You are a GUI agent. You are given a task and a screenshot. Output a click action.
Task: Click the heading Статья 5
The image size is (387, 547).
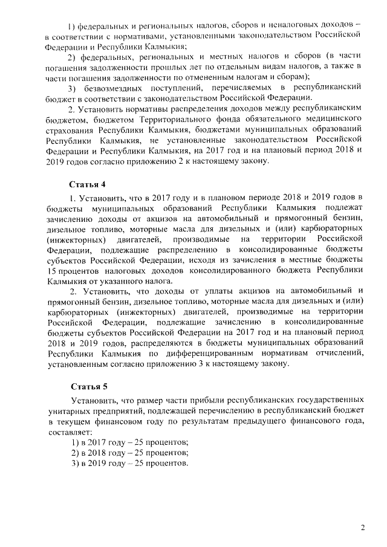[x=88, y=385]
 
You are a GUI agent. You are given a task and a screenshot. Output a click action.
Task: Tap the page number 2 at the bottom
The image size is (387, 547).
[x=363, y=528]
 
